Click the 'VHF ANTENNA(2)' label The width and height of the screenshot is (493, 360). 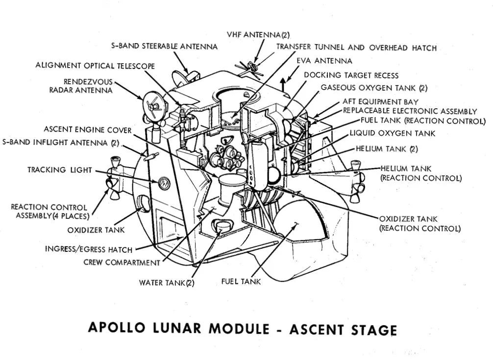click(258, 35)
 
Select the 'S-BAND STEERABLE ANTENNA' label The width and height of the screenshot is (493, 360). click(165, 47)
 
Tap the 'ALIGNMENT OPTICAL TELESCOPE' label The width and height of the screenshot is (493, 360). click(95, 66)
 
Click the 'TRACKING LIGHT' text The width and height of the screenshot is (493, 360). click(59, 170)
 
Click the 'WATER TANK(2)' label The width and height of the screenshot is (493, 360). click(167, 283)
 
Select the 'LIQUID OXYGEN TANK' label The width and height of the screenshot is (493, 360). click(392, 133)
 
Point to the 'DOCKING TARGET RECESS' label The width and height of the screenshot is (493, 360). click(351, 75)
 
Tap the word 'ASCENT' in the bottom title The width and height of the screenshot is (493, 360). click(319, 329)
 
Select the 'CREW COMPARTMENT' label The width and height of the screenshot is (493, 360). click(122, 263)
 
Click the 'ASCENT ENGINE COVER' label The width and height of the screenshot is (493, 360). click(88, 130)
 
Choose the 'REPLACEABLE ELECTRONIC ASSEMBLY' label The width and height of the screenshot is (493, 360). click(410, 111)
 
